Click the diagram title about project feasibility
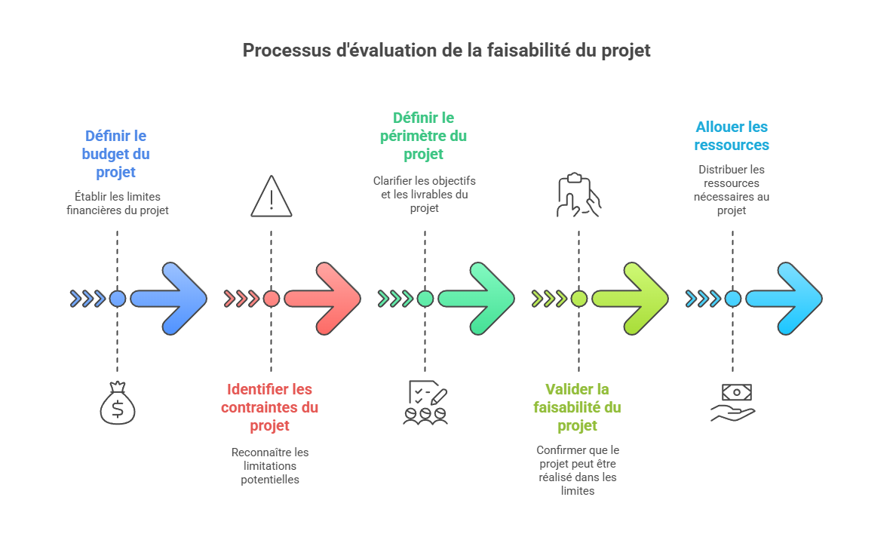click(446, 51)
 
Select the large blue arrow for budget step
click(170, 299)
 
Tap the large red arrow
click(324, 299)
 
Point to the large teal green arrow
click(477, 299)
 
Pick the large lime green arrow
click(631, 299)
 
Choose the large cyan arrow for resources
click(785, 299)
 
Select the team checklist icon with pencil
click(425, 403)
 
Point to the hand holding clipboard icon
click(578, 195)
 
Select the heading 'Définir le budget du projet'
click(116, 154)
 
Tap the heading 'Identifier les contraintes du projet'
click(270, 407)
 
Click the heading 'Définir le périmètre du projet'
click(424, 136)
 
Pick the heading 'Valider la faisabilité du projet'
click(578, 407)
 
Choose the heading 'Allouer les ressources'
click(732, 136)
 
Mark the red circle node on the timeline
click(272, 299)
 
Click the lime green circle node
click(578, 299)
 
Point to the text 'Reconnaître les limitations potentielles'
click(270, 465)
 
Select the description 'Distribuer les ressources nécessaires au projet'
click(732, 190)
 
